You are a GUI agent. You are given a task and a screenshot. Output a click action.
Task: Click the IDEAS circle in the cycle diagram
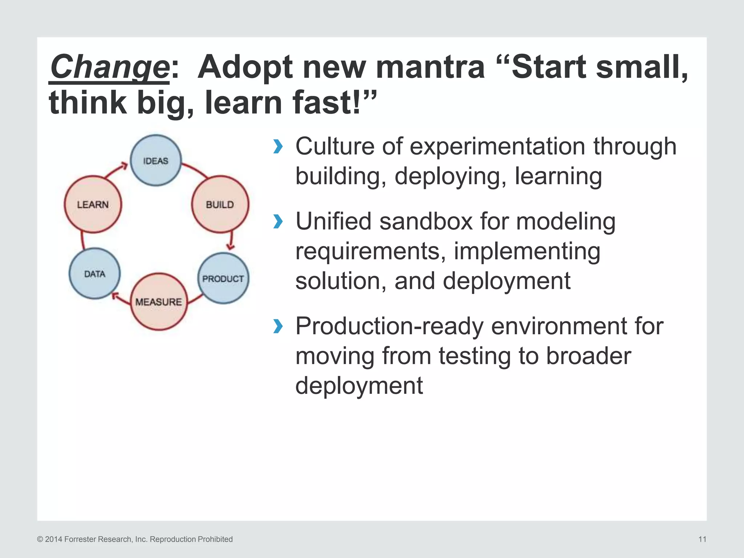(155, 161)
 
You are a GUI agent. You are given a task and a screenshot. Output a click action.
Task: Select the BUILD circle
(220, 205)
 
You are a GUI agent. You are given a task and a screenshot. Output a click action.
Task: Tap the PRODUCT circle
(223, 279)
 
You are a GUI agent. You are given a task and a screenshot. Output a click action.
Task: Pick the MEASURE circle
(159, 302)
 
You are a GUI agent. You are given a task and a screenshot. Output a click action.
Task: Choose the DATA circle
(94, 274)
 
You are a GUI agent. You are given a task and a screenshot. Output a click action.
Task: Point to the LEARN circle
(93, 205)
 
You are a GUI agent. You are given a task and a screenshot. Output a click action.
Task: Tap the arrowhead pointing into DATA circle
(115, 296)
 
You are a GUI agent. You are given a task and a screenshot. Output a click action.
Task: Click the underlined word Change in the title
(109, 67)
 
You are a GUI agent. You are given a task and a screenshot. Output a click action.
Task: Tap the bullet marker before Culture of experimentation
(278, 146)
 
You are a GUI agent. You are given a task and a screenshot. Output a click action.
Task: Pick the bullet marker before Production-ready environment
(278, 326)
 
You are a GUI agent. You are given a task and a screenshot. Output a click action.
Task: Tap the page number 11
(702, 539)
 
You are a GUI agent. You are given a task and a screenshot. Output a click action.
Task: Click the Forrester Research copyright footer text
(135, 539)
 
